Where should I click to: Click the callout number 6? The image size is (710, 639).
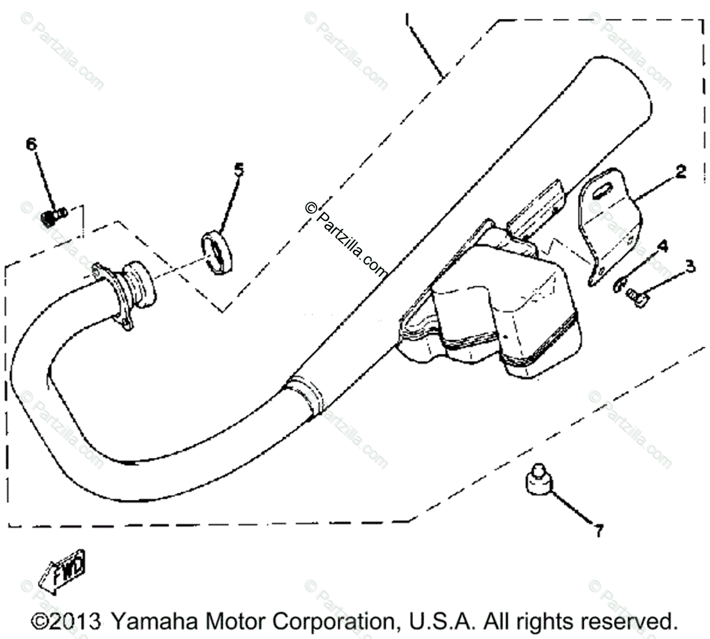coord(31,144)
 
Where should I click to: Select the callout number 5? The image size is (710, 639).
coord(238,170)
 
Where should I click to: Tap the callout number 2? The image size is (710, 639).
coord(680,172)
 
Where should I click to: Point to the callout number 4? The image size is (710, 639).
coord(663,246)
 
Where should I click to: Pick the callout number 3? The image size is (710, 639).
coord(690,266)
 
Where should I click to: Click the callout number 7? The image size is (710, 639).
coord(599,531)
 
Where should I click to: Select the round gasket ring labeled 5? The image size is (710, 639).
coord(217,253)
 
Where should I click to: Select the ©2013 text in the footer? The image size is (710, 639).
coord(65,621)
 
